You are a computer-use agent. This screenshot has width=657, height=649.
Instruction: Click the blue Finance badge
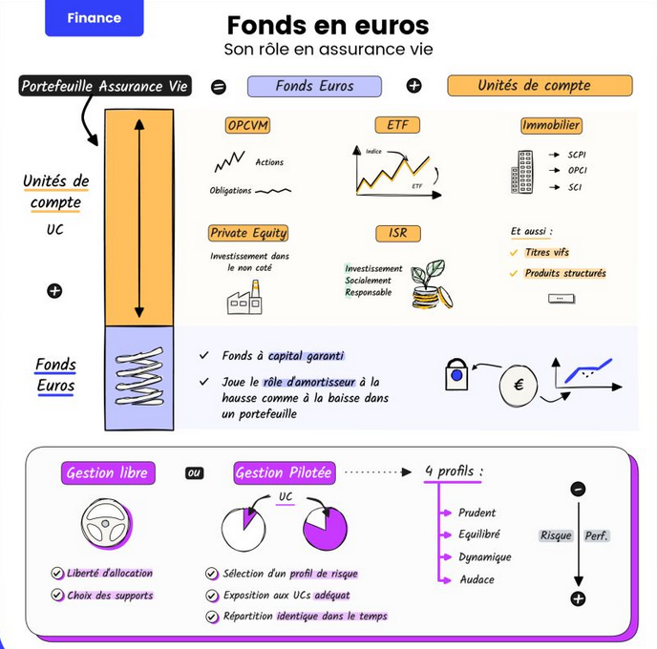(x=95, y=18)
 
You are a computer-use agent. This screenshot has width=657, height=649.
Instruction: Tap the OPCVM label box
(x=249, y=125)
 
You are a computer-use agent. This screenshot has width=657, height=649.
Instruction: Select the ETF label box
(x=397, y=125)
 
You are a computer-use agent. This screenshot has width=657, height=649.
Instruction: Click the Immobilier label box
(x=551, y=125)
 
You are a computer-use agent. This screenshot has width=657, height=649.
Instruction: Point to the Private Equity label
(x=248, y=233)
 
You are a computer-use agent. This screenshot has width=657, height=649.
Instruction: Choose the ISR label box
(x=397, y=233)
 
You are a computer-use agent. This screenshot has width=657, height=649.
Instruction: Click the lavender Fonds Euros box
(x=314, y=86)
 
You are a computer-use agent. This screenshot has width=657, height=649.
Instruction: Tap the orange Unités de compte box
(x=540, y=86)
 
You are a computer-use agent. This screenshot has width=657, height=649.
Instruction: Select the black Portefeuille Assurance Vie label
(x=105, y=86)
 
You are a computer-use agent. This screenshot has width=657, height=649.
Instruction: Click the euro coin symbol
(x=519, y=386)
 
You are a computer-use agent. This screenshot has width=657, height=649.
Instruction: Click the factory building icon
(x=244, y=302)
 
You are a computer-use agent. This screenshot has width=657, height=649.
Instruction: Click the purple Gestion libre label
(x=109, y=472)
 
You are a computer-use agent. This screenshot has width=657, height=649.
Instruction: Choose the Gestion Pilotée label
(x=284, y=472)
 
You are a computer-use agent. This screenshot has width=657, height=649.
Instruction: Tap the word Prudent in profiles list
(x=477, y=513)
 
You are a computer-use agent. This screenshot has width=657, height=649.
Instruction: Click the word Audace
(x=477, y=579)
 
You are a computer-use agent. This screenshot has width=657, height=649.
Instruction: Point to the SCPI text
(x=576, y=154)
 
